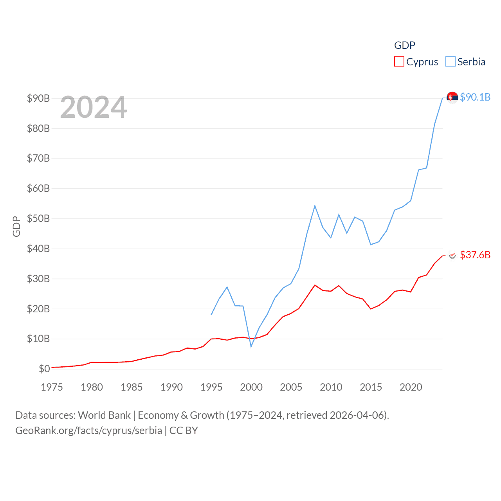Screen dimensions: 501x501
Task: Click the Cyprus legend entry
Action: click(416, 62)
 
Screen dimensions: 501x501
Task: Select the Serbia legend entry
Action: click(466, 62)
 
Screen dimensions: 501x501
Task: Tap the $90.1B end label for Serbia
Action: click(475, 97)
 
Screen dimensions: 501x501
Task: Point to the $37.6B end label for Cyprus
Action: click(475, 255)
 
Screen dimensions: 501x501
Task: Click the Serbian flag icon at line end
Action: click(452, 97)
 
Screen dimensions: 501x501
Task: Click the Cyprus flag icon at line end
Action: click(452, 255)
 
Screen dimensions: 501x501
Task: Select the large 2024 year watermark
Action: click(94, 107)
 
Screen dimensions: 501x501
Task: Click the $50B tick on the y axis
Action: click(38, 218)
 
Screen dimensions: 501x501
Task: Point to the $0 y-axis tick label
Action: click(44, 369)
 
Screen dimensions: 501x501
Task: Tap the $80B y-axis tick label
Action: click(38, 128)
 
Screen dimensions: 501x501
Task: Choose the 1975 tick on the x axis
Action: click(52, 387)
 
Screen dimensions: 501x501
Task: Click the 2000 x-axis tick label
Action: click(251, 387)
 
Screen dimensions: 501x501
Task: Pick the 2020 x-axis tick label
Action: click(411, 387)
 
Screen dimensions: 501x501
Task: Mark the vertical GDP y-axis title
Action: click(16, 226)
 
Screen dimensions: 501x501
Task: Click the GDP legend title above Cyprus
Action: click(405, 45)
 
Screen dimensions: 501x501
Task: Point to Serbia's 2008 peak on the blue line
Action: click(315, 206)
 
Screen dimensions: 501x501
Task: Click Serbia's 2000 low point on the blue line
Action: click(251, 346)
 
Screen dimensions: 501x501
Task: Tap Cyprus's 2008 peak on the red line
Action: click(315, 285)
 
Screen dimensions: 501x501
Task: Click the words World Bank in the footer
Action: click(104, 415)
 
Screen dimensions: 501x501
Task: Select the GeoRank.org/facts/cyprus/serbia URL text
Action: click(88, 431)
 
